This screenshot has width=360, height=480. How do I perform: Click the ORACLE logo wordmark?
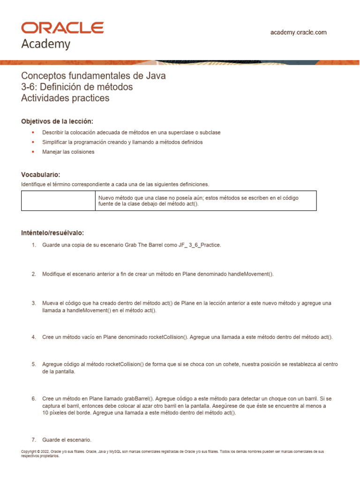pos(62,28)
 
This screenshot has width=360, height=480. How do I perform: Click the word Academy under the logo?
pos(45,44)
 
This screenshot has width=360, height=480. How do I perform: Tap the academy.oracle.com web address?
pos(299,32)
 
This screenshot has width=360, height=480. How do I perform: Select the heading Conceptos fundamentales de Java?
pos(93,75)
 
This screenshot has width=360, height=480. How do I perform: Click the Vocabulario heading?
pos(41,174)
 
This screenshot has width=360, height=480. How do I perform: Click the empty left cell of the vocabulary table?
pos(58,201)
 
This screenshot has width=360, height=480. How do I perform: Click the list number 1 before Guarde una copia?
pos(34,245)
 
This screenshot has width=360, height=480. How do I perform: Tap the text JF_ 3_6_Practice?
pos(199,245)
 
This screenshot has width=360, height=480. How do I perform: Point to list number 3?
pos(34,303)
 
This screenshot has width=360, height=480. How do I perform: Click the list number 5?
pos(34,364)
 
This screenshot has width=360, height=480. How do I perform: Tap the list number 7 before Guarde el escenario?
pos(34,440)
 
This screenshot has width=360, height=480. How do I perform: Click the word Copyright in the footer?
pos(29,451)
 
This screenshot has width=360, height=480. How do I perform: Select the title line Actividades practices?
pos(65,98)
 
